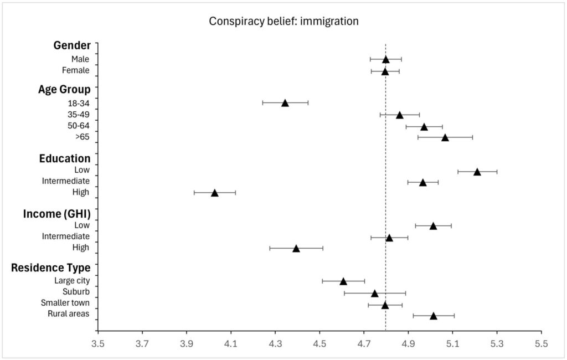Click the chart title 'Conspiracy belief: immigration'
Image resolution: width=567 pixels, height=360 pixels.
(x=283, y=22)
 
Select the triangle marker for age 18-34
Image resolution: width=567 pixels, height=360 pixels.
(x=285, y=103)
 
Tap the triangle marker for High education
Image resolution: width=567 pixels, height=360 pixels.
(x=214, y=193)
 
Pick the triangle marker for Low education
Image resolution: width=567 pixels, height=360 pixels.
(x=477, y=172)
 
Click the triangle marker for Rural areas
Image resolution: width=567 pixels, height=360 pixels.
(x=433, y=316)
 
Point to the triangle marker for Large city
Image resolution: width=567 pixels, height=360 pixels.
(x=343, y=281)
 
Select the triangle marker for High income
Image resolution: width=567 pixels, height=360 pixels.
(x=296, y=249)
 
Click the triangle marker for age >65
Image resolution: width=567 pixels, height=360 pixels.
(x=445, y=137)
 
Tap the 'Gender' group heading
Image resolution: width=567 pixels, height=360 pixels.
(x=72, y=45)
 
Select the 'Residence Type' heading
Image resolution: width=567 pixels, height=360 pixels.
(x=51, y=268)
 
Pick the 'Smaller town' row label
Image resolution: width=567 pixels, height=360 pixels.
(x=65, y=303)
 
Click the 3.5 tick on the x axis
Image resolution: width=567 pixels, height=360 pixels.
(x=98, y=344)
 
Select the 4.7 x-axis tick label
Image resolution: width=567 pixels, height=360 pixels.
(x=364, y=344)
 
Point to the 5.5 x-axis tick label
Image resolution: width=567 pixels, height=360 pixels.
(x=541, y=344)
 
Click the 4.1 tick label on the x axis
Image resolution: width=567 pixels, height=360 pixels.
(x=231, y=344)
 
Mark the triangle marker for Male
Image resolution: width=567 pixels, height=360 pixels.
(x=385, y=59)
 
